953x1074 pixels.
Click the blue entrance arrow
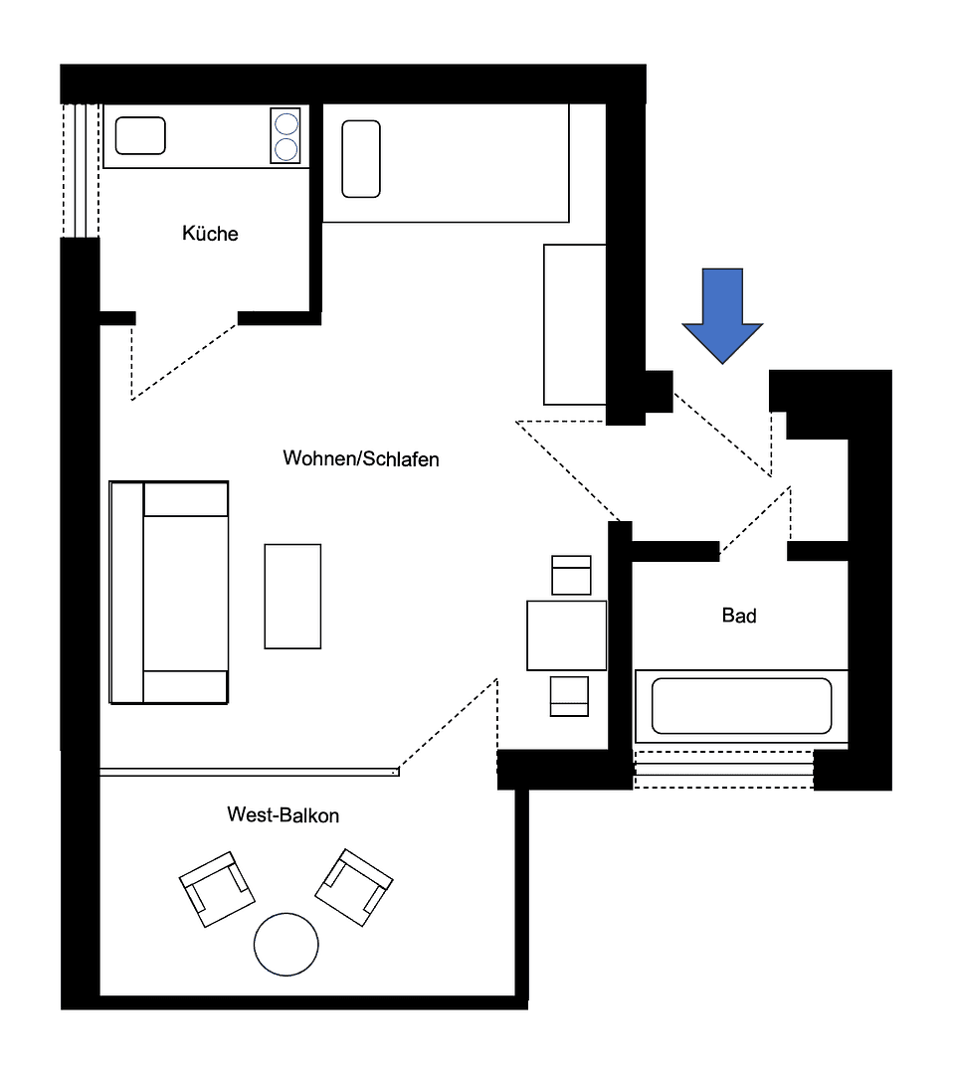722,315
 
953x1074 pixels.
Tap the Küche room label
210,234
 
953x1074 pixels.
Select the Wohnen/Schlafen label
361,458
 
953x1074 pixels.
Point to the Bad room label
739,616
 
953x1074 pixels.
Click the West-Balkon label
283,815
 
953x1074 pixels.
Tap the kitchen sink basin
140,135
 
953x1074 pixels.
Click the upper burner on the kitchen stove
286,124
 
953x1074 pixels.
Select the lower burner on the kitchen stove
286,148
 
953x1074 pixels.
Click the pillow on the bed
361,159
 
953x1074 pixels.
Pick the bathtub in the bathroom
741,706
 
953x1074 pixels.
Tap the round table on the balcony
286,945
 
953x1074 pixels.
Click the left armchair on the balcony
217,889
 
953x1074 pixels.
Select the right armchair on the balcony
353,887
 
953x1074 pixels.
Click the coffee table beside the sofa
292,596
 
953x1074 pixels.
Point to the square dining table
567,635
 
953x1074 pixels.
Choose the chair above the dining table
571,576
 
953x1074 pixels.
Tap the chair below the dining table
569,696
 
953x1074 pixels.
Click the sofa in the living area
168,593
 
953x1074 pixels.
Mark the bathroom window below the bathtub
723,769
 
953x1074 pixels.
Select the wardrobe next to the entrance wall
575,324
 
